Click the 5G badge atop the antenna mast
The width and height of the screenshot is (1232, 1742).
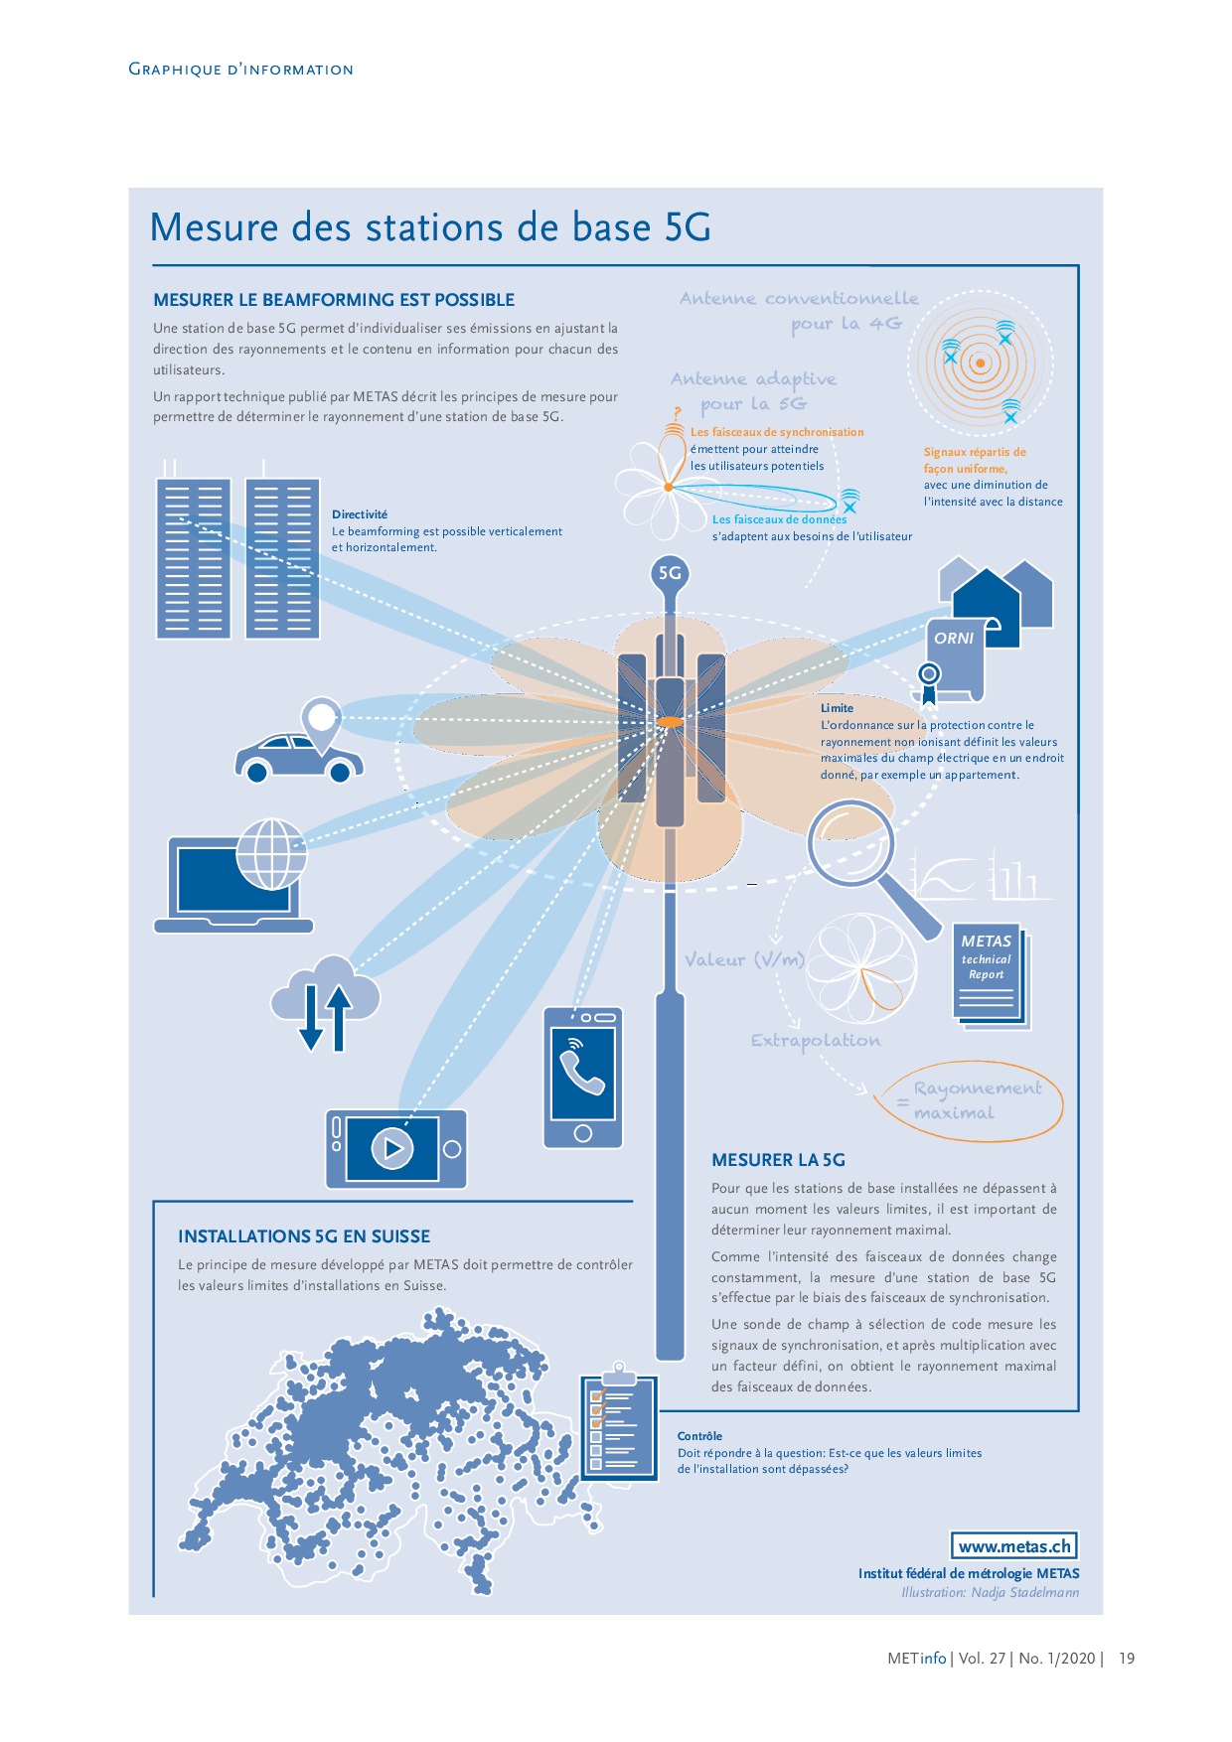pyautogui.click(x=671, y=573)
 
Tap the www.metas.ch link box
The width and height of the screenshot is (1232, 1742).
pyautogui.click(x=1014, y=1546)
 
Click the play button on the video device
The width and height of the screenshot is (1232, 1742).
pyautogui.click(x=392, y=1148)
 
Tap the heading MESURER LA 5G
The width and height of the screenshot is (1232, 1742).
pyautogui.click(x=778, y=1160)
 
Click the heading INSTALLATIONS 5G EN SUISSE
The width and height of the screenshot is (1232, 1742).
pyautogui.click(x=304, y=1236)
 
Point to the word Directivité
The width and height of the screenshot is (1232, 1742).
pyautogui.click(x=360, y=514)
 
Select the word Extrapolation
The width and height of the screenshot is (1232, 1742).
pyautogui.click(x=816, y=1041)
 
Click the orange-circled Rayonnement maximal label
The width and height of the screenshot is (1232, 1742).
pyautogui.click(x=975, y=1101)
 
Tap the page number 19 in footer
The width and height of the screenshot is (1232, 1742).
pyautogui.click(x=1127, y=1659)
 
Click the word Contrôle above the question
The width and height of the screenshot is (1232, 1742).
pyautogui.click(x=699, y=1436)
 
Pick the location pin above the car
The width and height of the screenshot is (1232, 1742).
pyautogui.click(x=322, y=719)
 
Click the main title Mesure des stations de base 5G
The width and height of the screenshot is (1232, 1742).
pyautogui.click(x=430, y=227)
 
